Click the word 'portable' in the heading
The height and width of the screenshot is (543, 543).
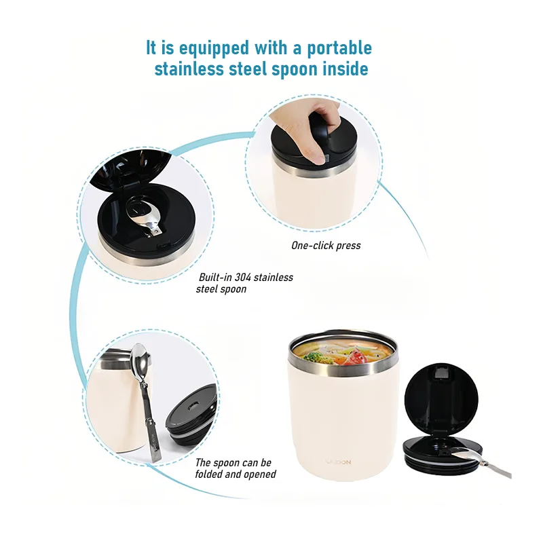339,48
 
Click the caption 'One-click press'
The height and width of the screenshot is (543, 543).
326,246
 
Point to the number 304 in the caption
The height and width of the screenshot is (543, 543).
242,277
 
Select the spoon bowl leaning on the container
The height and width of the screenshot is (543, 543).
138,360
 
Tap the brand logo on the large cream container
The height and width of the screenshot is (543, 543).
338,462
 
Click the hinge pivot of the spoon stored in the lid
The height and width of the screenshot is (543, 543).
157,229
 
